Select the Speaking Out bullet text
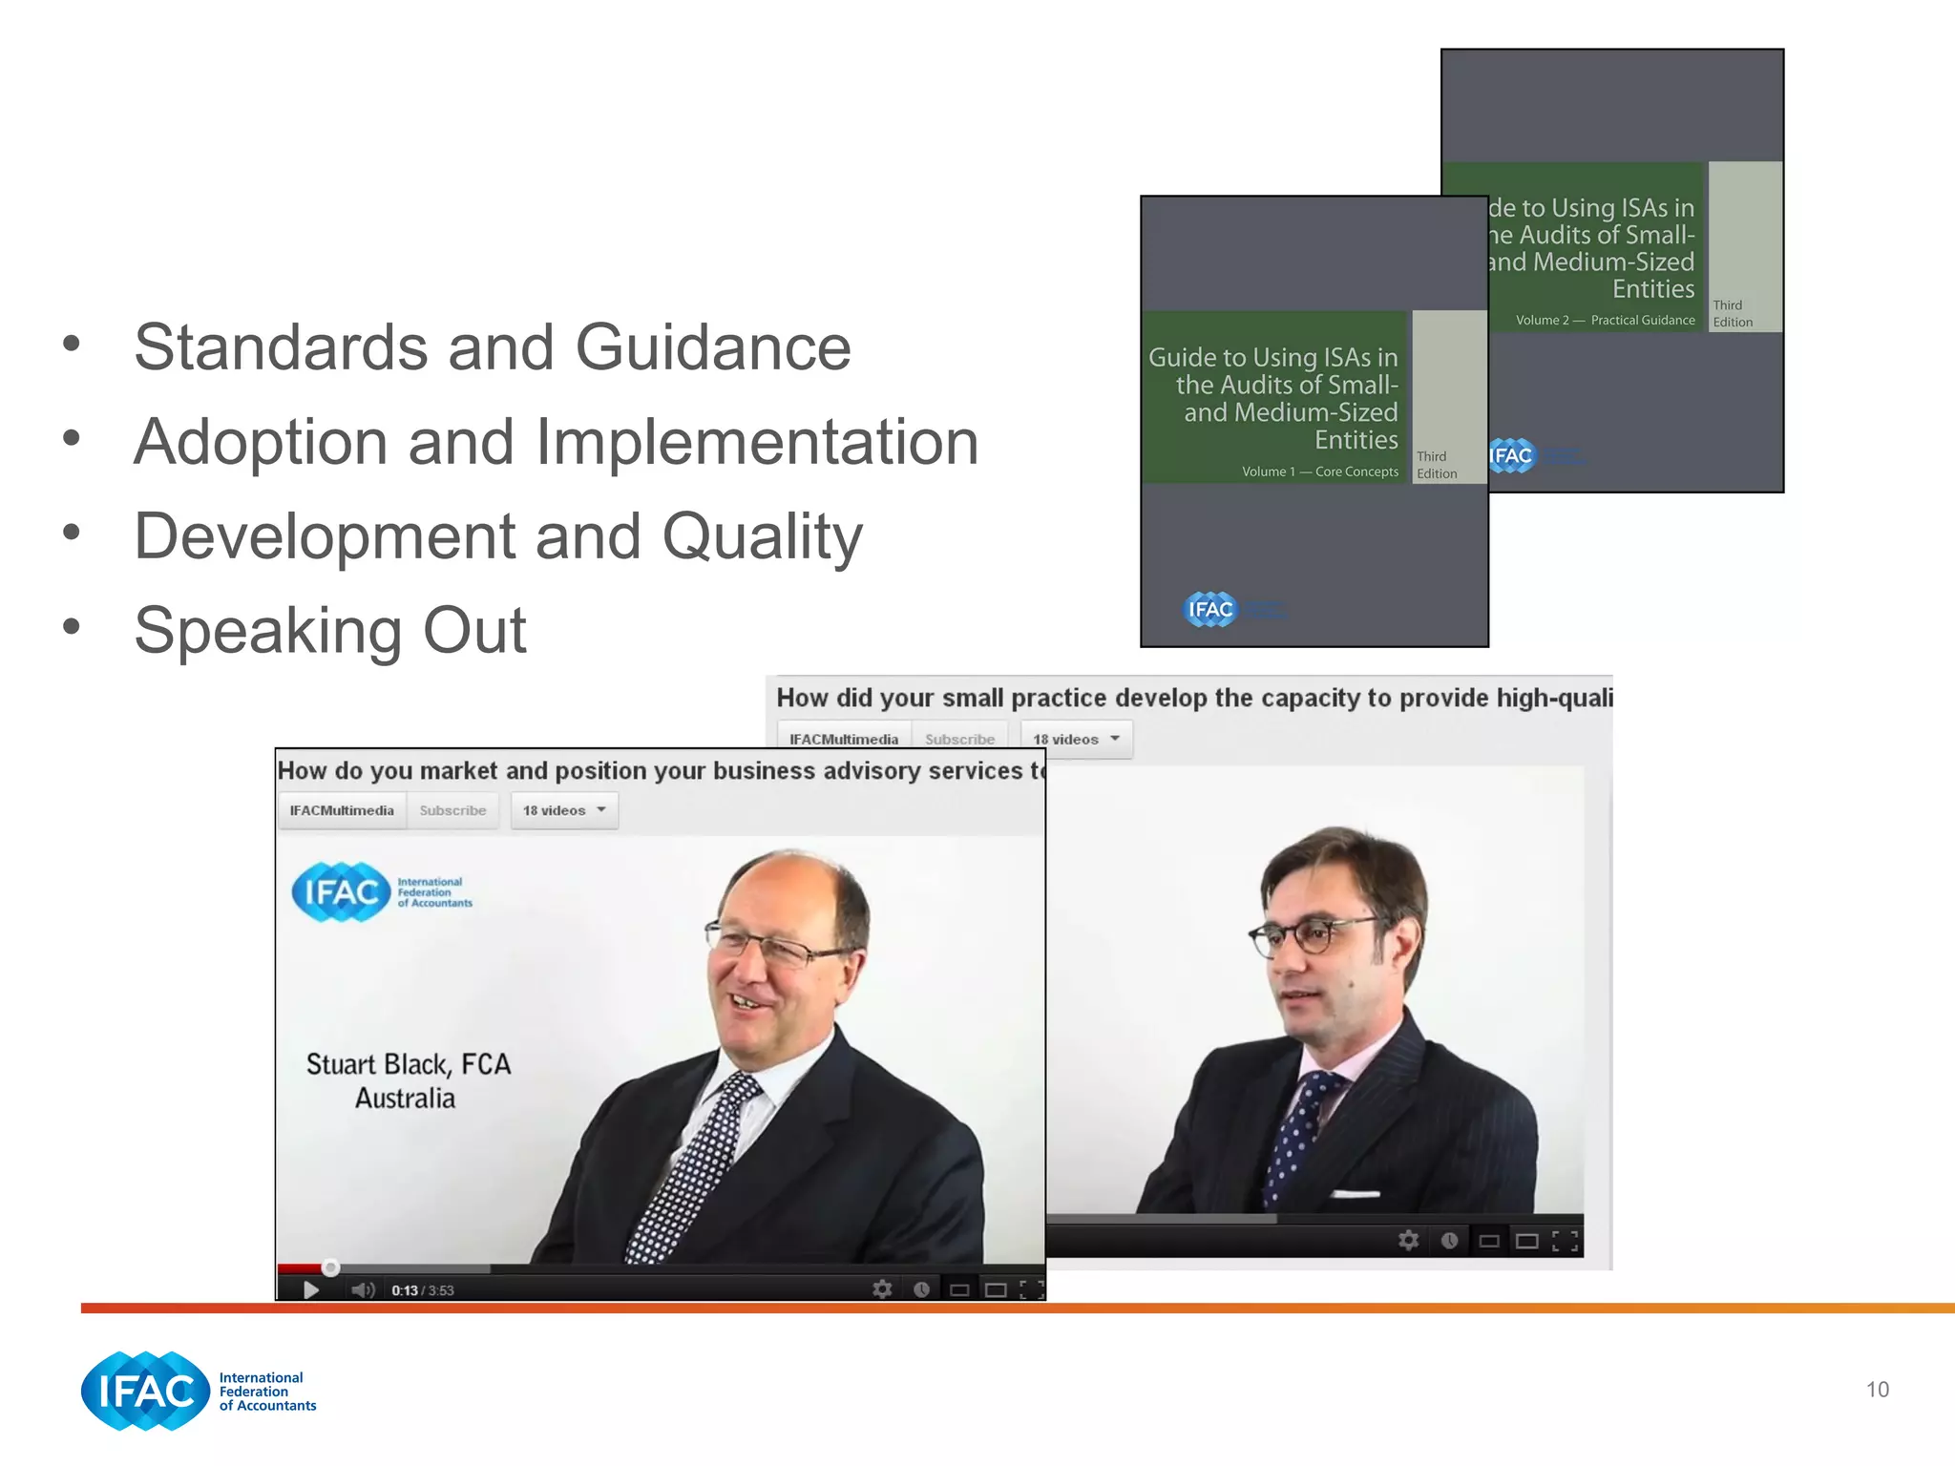pos(329,631)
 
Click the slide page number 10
pos(1877,1390)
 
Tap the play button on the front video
pos(310,1290)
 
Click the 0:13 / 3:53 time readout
pos(422,1290)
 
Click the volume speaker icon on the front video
pos(362,1290)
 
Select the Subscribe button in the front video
pos(452,810)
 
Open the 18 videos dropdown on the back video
pos(1076,740)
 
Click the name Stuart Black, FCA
pos(409,1064)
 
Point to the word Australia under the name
pos(405,1099)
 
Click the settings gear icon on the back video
pos(1408,1240)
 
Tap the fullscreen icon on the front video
pos(1031,1290)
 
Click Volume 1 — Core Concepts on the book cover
pos(1319,471)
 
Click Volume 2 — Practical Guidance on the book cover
pos(1605,321)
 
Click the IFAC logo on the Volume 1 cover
pos(1209,609)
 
